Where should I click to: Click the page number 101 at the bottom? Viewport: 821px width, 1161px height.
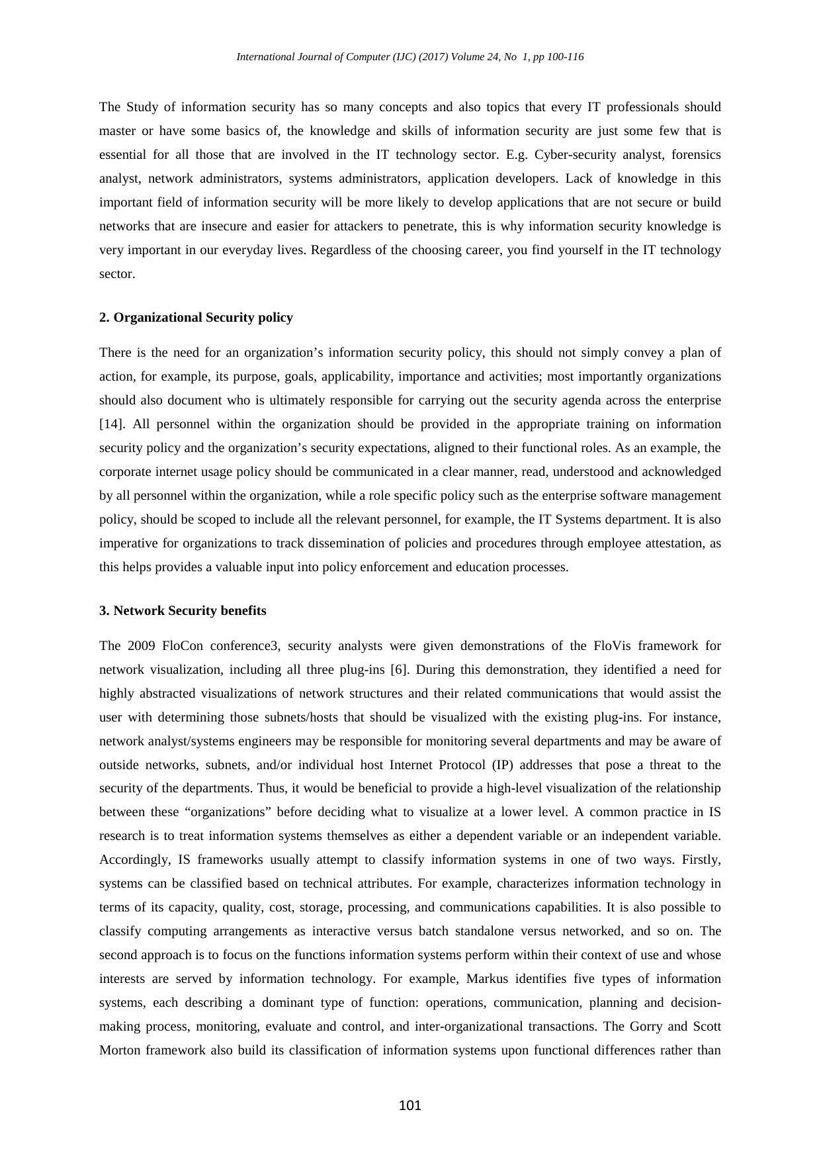[410, 1105]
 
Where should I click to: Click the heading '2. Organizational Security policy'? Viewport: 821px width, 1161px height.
[196, 318]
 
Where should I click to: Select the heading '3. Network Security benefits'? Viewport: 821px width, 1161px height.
[183, 611]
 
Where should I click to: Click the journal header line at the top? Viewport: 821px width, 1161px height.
[410, 57]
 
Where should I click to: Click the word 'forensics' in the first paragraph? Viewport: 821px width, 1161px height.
[696, 155]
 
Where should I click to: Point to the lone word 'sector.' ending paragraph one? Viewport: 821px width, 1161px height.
[117, 274]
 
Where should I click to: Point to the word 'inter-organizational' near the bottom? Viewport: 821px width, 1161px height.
[469, 1027]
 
